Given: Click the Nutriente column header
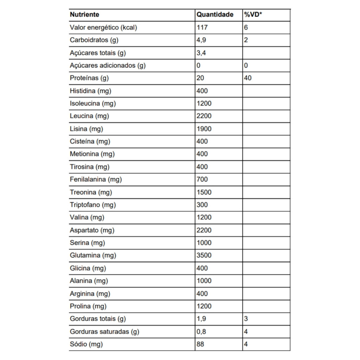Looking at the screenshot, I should point(84,15).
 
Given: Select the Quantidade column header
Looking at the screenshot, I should point(215,15).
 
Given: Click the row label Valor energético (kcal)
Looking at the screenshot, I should point(103,27).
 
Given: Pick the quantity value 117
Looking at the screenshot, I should point(202,27).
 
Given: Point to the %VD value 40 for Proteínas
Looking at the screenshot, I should point(247,78).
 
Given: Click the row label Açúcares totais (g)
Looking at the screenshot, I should point(98,53).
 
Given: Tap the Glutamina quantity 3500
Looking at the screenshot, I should point(204,256).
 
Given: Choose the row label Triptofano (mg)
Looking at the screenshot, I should point(93,205).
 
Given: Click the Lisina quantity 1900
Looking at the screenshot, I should point(204,129).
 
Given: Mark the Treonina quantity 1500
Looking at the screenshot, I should point(204,192).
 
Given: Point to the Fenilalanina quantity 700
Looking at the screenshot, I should point(202,180).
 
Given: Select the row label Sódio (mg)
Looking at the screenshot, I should point(86,345).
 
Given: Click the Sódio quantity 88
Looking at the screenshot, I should point(200,345).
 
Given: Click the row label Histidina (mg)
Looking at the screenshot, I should point(90,91).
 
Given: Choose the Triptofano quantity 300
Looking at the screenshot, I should point(202,205).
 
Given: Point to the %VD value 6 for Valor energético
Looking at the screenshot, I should point(246,27).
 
